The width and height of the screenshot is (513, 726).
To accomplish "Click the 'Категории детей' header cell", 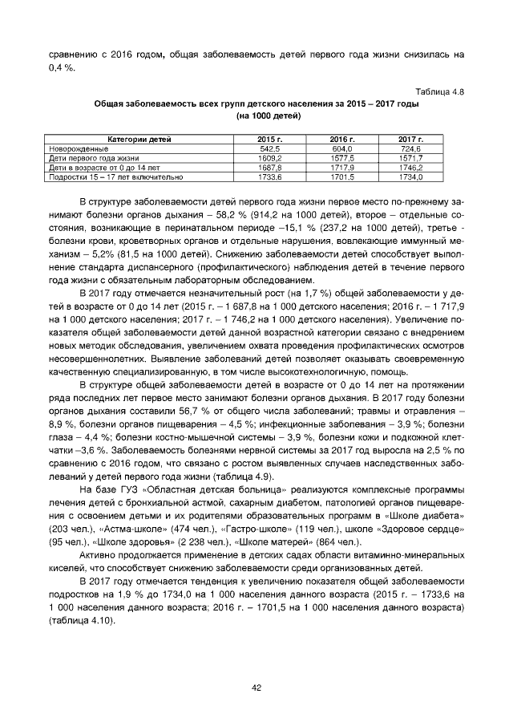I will coord(139,139).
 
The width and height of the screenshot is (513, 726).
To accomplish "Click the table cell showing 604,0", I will coord(343,148).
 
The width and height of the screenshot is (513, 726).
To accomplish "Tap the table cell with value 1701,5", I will coord(343,176).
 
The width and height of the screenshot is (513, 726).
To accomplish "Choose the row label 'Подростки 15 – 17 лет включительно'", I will coord(115,176).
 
